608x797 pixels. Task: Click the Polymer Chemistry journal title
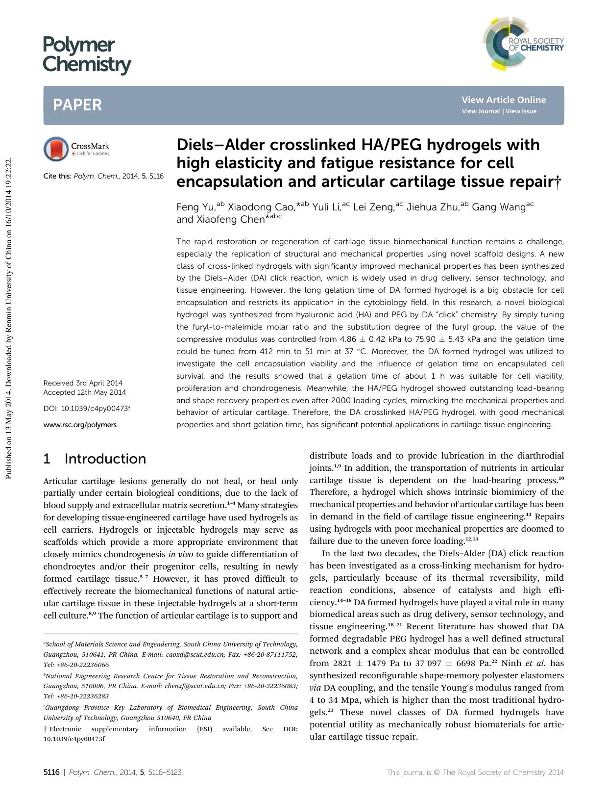[x=87, y=55]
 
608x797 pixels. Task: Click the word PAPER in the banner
[x=77, y=105]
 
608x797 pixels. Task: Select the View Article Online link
[x=503, y=100]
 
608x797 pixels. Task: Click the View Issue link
[x=521, y=111]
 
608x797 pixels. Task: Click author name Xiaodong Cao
[x=260, y=207]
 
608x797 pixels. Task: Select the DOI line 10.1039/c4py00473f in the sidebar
[x=87, y=409]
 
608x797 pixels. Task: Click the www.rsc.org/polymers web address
[x=80, y=425]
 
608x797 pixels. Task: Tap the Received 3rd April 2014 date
[x=83, y=383]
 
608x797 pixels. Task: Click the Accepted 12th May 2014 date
[x=84, y=392]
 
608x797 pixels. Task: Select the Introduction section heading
[x=105, y=459]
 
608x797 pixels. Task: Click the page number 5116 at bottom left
[x=51, y=772]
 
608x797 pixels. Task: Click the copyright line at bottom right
[x=475, y=772]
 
